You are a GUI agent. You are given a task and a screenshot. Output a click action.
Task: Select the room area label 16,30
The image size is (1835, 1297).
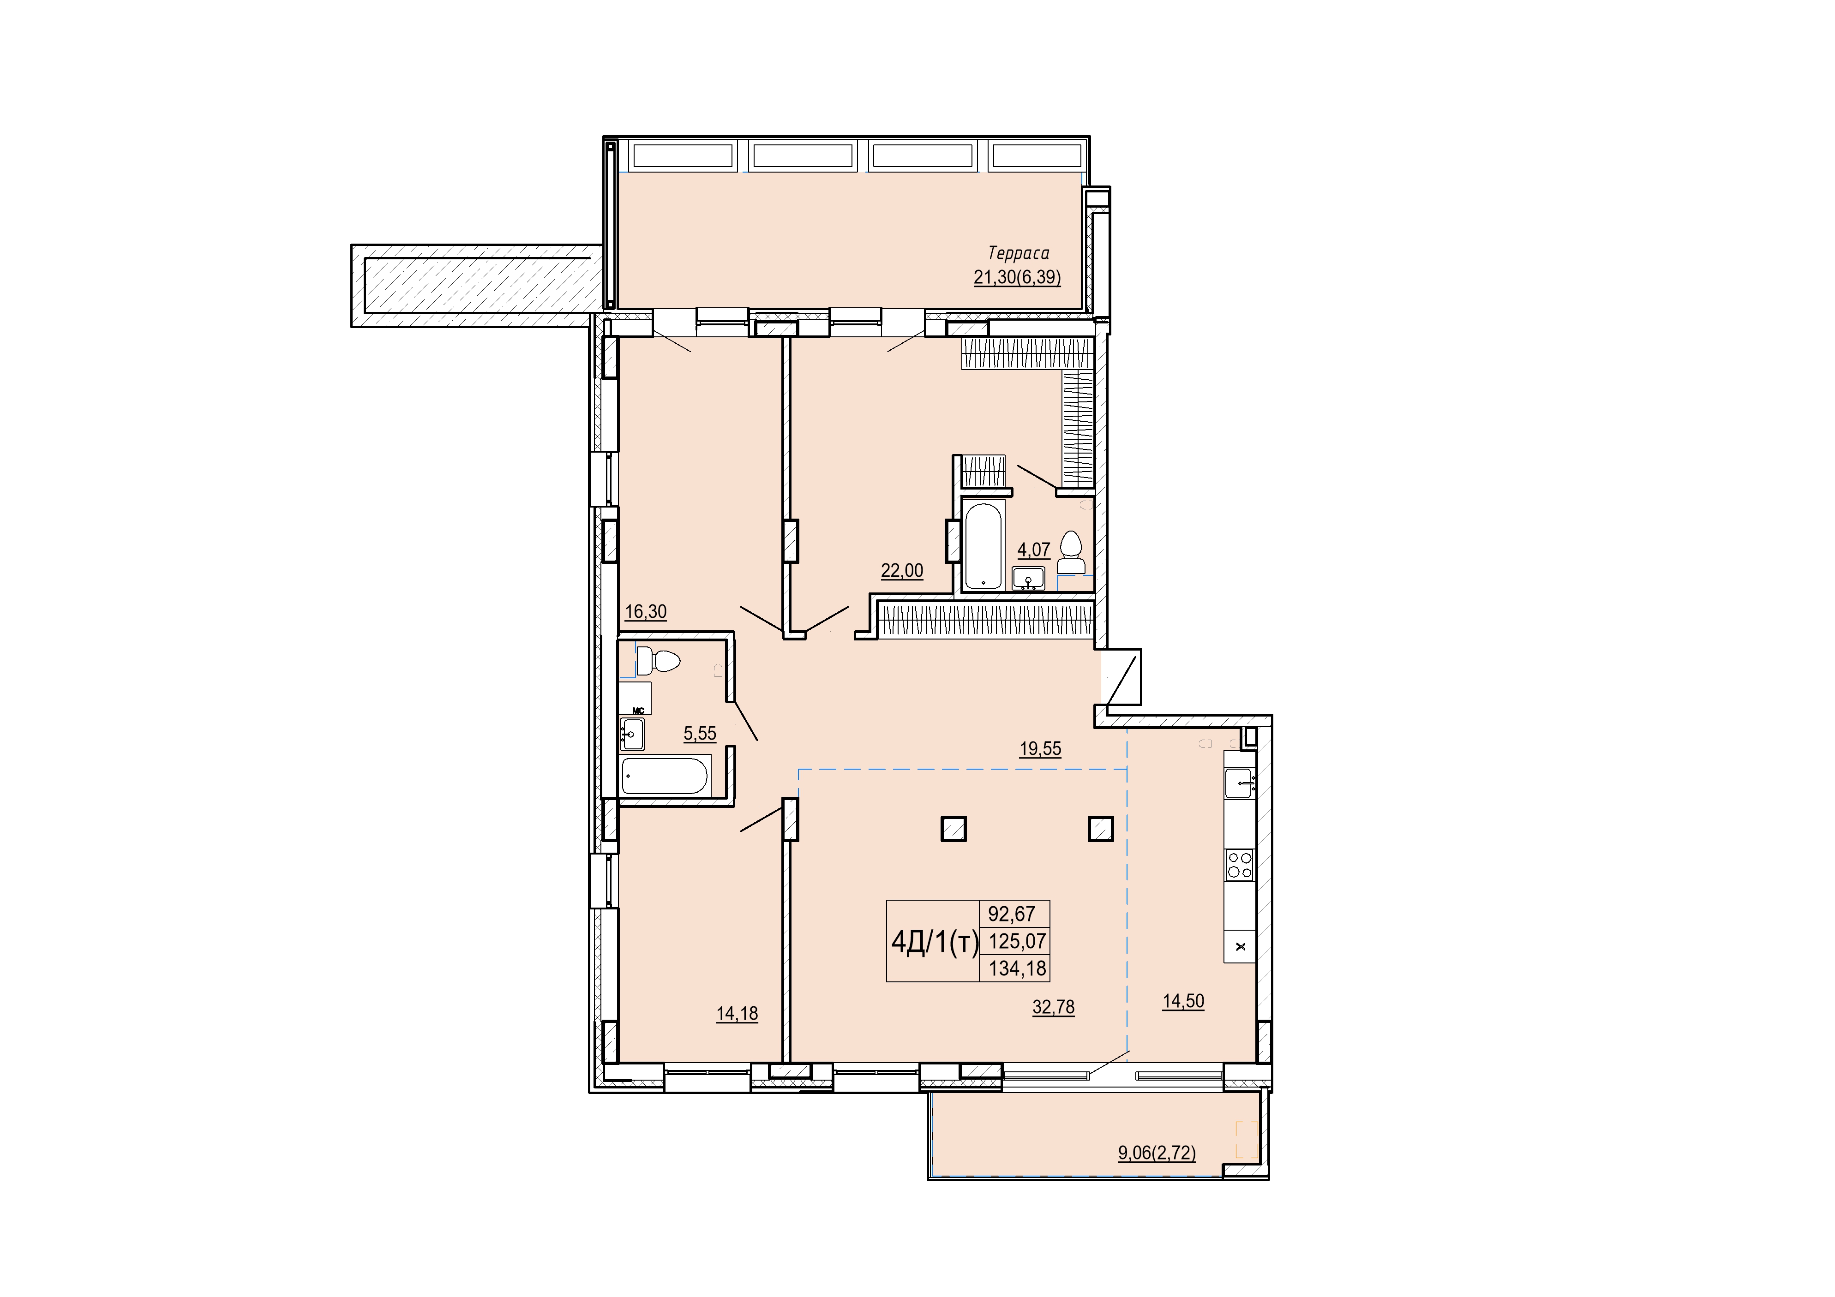tap(646, 612)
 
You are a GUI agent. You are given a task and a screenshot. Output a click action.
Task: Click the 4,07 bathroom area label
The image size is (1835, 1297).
tap(1033, 550)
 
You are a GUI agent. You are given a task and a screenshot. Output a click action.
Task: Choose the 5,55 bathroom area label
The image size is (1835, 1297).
tap(700, 733)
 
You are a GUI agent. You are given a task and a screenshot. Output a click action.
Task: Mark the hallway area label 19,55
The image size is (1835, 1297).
tap(1041, 749)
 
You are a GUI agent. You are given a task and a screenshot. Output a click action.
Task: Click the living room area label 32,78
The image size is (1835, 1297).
tap(1053, 1007)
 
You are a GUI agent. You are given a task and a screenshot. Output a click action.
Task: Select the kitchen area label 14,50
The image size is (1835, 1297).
tap(1183, 1001)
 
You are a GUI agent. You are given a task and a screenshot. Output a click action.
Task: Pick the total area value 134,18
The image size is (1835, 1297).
tap(1017, 968)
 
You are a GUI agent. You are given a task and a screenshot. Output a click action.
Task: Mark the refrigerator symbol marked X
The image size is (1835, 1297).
tap(1240, 947)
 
